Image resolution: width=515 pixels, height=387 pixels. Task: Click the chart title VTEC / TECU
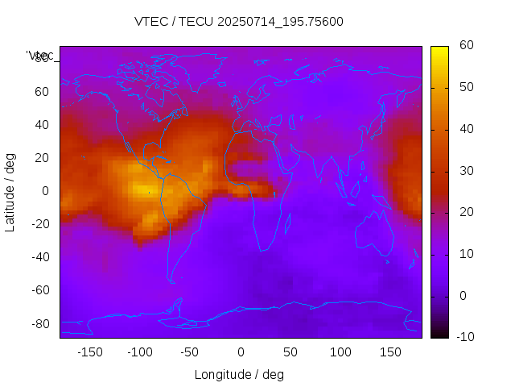tap(239, 22)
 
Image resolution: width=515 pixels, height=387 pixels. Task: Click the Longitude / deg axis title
tap(239, 375)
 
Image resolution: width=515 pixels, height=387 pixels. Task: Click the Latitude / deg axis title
tap(10, 191)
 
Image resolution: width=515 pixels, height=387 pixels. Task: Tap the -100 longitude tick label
tap(139, 352)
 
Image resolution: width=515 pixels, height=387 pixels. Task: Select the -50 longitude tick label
tap(190, 352)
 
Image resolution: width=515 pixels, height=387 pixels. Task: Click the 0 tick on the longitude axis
tap(241, 352)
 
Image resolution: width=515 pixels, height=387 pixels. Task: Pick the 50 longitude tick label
tap(290, 352)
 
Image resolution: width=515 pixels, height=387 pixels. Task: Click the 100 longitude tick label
tap(341, 352)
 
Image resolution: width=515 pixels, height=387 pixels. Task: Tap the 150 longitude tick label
tap(391, 352)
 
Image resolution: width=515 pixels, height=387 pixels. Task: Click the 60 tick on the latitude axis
tap(43, 92)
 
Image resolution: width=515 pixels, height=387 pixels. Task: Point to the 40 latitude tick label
tap(43, 125)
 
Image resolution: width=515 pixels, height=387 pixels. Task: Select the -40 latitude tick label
tap(39, 257)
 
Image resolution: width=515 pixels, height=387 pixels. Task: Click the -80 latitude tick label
tap(39, 323)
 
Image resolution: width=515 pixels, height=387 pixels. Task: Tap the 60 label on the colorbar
tap(464, 46)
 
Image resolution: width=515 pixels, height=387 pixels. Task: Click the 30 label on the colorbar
tap(464, 171)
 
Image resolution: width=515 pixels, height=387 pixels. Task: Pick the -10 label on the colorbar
tap(463, 337)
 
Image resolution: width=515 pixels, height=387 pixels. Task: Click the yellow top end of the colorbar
tap(439, 50)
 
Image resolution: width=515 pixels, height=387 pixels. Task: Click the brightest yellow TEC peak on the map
tap(142, 191)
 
